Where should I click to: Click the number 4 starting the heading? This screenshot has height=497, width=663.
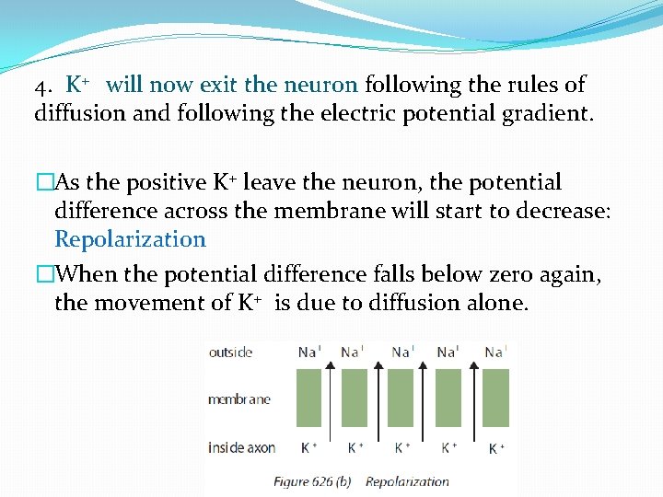pos(41,87)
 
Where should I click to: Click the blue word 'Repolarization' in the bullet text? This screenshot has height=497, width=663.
pos(130,239)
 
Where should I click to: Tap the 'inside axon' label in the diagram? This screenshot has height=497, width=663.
pos(241,448)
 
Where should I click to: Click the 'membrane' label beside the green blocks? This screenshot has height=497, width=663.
pos(239,399)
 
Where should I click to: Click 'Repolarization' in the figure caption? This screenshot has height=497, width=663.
pos(407,480)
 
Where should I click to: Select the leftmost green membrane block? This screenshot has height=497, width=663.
pos(308,398)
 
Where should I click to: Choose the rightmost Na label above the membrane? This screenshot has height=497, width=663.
pos(494,352)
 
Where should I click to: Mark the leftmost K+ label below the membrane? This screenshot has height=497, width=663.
pos(309,447)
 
